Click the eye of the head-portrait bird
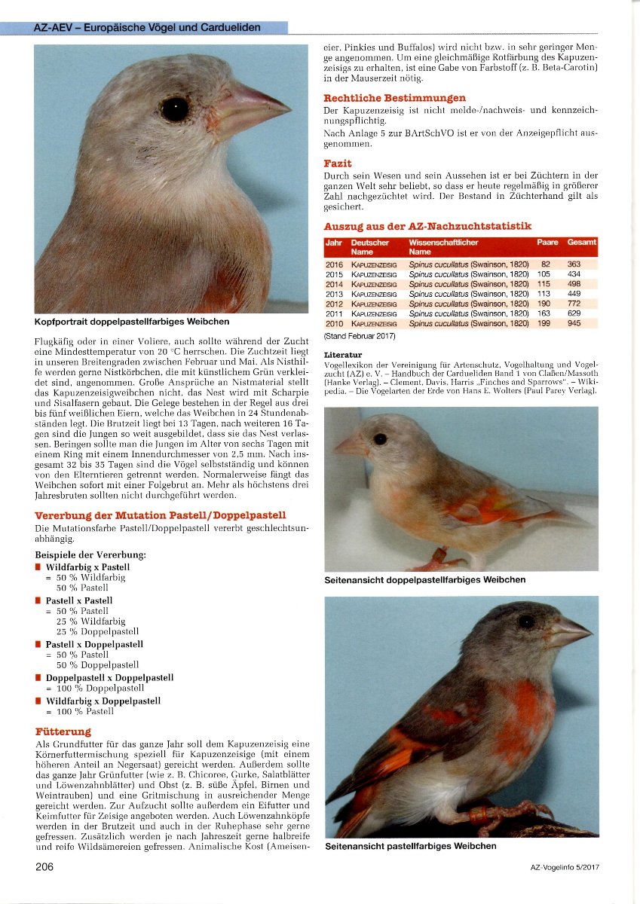[x=175, y=109]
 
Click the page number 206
[x=44, y=866]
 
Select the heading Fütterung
[x=63, y=731]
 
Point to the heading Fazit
[x=338, y=163]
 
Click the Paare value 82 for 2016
[x=545, y=264]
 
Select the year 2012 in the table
[x=334, y=304]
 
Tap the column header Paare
[x=547, y=243]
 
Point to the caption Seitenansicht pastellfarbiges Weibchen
[x=410, y=846]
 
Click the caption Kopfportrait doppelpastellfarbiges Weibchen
[x=132, y=322]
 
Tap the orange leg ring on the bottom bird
[x=479, y=815]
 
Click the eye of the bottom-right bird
[x=525, y=621]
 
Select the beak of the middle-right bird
[x=350, y=446]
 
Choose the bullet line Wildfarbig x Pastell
[x=87, y=567]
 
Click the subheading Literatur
[x=343, y=354]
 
